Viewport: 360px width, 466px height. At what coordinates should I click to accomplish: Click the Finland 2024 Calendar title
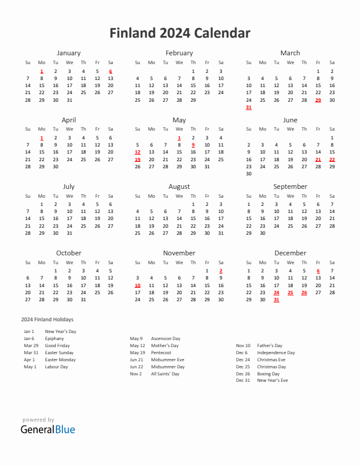(x=179, y=33)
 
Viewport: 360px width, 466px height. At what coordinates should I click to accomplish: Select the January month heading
(x=69, y=53)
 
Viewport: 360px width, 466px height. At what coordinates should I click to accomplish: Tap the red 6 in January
(x=111, y=71)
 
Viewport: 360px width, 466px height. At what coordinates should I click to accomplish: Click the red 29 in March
(x=318, y=100)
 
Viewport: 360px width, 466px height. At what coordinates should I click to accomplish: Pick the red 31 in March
(x=249, y=108)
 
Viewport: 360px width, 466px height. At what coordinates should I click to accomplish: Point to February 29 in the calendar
(x=193, y=100)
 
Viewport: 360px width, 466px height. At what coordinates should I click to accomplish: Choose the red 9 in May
(x=193, y=145)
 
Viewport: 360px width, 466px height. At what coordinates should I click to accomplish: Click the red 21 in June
(x=318, y=159)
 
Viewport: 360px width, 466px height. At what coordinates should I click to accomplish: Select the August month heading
(x=179, y=187)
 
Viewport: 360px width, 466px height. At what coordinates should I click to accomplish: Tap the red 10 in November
(x=138, y=285)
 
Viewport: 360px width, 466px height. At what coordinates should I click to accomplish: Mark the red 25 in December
(x=291, y=292)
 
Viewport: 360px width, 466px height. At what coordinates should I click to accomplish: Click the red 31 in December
(x=276, y=299)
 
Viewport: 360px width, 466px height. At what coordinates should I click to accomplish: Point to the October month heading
(x=69, y=253)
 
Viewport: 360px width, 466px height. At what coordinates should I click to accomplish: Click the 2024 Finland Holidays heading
(x=47, y=319)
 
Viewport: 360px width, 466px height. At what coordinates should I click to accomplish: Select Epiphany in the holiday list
(x=55, y=338)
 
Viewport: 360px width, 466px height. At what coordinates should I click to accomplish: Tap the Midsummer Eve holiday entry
(x=168, y=360)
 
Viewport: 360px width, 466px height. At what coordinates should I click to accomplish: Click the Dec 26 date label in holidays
(x=243, y=374)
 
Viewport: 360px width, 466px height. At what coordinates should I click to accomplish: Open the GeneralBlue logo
(x=48, y=430)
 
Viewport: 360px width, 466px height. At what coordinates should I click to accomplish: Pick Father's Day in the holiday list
(x=269, y=345)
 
